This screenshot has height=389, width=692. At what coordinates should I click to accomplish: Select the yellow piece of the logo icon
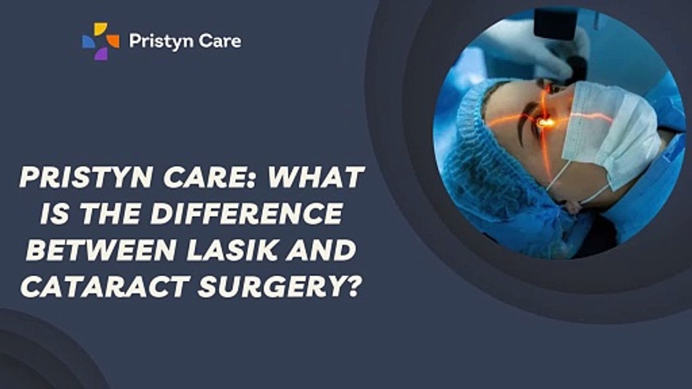tap(100, 29)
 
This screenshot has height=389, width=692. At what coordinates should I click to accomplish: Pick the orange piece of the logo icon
tap(113, 41)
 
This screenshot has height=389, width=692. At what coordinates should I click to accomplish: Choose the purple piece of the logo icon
tap(101, 53)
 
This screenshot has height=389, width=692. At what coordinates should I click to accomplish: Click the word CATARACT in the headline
tap(105, 286)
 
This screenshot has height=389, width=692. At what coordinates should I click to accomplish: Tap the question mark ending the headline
tap(352, 286)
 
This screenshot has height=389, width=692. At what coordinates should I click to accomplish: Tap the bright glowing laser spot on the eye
tap(546, 123)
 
